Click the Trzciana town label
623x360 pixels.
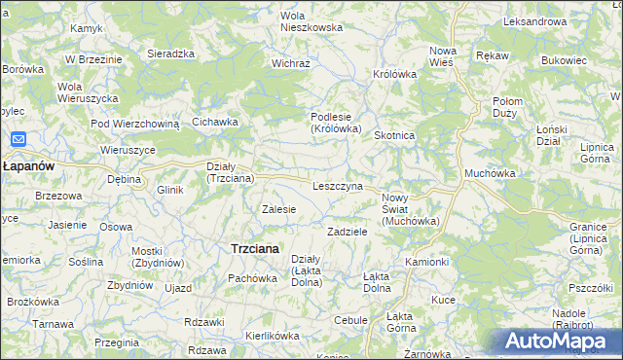coord(254,249)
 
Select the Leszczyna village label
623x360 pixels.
coord(338,186)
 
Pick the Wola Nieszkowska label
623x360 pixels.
coord(311,21)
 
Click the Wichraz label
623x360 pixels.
coord(290,63)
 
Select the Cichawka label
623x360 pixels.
coord(215,122)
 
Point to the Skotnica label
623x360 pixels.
coord(396,136)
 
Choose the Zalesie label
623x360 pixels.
coord(279,209)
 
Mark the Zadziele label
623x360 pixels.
coord(347,233)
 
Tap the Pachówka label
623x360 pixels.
coord(253,278)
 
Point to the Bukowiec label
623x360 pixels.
coord(565,60)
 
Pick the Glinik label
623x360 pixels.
coord(170,190)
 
